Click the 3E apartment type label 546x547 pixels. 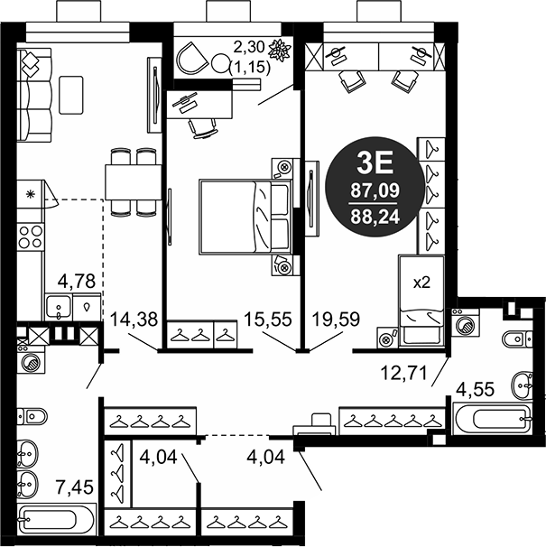click(375, 163)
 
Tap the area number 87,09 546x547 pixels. click(375, 190)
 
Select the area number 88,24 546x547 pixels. click(375, 217)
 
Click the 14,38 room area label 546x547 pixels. click(134, 320)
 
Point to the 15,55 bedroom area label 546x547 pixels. click(268, 320)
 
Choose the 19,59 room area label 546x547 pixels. click(336, 320)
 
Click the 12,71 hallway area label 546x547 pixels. click(403, 374)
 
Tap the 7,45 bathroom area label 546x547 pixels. click(76, 487)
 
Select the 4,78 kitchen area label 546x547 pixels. click(77, 282)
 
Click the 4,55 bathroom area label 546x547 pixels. click(476, 389)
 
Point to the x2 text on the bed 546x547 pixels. click(421, 283)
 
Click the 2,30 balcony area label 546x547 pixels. click(249, 47)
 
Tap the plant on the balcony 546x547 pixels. click(280, 51)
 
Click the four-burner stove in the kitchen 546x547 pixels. click(31, 236)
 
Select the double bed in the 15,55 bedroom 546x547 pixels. click(245, 217)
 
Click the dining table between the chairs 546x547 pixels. click(134, 182)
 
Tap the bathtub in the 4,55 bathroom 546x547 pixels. click(493, 418)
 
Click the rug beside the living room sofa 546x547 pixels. click(71, 95)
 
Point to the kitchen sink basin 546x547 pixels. click(59, 307)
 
